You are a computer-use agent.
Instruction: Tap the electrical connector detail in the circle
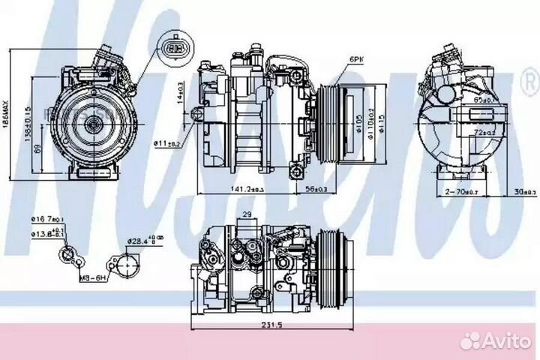pyautogui.click(x=174, y=49)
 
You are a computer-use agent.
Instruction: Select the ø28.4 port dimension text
pyautogui.click(x=139, y=240)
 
